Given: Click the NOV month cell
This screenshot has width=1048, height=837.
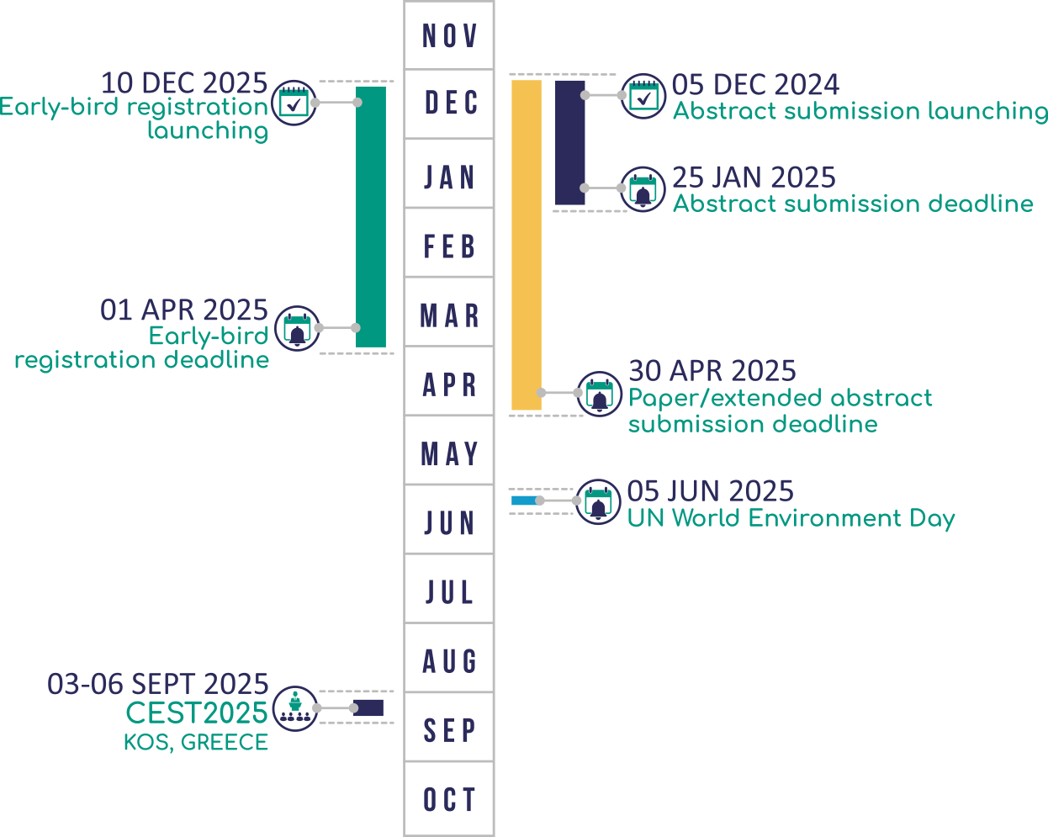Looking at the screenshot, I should pyautogui.click(x=449, y=35).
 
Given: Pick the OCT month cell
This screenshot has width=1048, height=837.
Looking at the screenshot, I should pyautogui.click(x=449, y=798).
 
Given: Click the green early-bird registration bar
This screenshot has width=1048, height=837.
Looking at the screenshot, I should pyautogui.click(x=371, y=217).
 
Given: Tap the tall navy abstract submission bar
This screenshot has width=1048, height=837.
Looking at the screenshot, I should pyautogui.click(x=569, y=142).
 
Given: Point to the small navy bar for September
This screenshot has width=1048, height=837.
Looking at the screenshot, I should pyautogui.click(x=368, y=708).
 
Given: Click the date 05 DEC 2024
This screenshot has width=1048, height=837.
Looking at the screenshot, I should pyautogui.click(x=754, y=85).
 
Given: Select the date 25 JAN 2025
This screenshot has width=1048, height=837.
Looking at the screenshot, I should pyautogui.click(x=754, y=177).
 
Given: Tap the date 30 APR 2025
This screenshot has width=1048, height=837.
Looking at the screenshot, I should pyautogui.click(x=712, y=371).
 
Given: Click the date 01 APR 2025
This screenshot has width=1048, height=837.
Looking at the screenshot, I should pyautogui.click(x=183, y=310).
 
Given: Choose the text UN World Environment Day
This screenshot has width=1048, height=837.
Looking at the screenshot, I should pyautogui.click(x=791, y=518).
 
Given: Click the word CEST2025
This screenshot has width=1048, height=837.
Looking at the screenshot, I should pyautogui.click(x=196, y=713).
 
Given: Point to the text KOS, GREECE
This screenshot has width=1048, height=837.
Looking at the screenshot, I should pyautogui.click(x=196, y=743).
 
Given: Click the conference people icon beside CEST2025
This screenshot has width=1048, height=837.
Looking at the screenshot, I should pyautogui.click(x=295, y=707).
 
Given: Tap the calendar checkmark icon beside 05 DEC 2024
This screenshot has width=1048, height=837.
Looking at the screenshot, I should pyautogui.click(x=643, y=96).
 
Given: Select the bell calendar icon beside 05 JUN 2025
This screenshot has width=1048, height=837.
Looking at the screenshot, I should pyautogui.click(x=598, y=502).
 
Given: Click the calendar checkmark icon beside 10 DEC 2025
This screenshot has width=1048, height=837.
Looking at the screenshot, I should pyautogui.click(x=294, y=103).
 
